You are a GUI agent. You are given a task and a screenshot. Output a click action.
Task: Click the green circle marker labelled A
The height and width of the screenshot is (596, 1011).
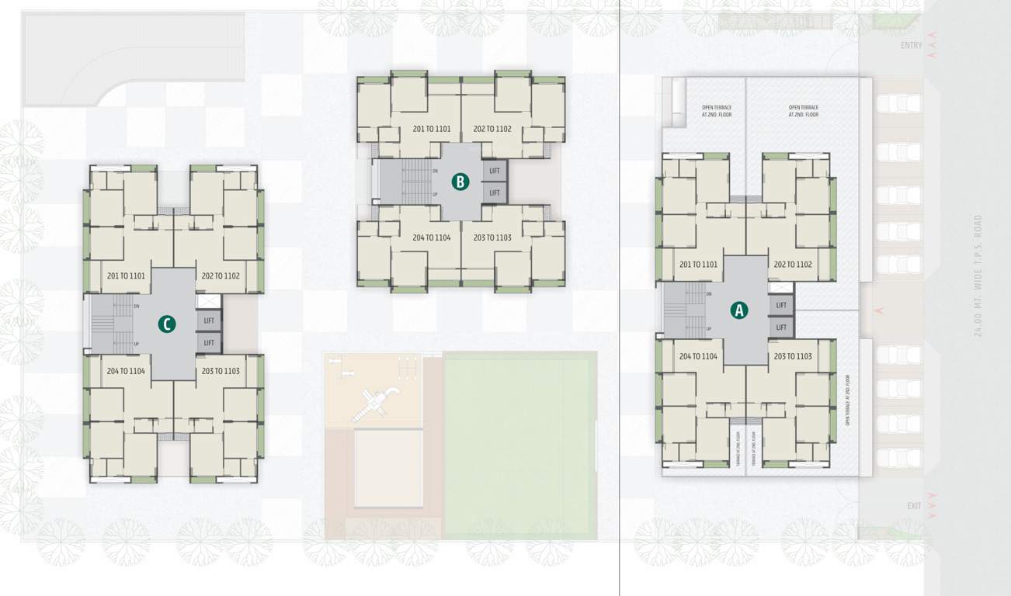point(738,310)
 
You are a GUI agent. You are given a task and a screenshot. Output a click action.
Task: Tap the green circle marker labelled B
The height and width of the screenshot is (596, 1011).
point(460,182)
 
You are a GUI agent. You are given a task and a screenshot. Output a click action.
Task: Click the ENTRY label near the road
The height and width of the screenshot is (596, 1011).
point(911,46)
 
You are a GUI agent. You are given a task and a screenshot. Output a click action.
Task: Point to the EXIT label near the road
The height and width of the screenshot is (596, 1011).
point(914,506)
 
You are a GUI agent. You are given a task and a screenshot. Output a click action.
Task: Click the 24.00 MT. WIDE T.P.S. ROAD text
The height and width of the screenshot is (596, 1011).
point(978,275)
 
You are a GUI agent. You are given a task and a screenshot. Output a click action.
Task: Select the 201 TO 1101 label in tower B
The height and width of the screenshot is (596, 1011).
point(432,129)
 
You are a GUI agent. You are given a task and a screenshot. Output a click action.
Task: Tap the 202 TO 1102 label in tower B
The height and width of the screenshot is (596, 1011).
point(492,129)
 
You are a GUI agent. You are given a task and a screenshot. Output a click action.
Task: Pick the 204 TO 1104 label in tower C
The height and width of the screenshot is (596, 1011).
point(126,371)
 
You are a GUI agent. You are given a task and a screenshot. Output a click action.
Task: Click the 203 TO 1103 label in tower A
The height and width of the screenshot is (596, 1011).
point(793,356)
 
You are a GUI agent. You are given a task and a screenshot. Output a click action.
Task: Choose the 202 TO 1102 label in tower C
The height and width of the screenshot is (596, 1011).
point(221,275)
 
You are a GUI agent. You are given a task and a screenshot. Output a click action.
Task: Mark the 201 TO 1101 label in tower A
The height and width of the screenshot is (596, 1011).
point(698,265)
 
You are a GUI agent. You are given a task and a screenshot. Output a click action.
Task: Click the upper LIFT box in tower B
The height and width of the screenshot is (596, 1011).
point(495,170)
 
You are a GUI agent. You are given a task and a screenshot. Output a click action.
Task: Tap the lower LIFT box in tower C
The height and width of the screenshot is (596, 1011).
point(209,342)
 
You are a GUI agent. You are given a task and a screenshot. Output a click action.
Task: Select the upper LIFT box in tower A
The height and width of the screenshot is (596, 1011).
point(781,305)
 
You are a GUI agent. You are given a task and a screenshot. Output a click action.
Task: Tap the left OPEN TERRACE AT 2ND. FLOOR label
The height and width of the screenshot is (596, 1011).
point(716,111)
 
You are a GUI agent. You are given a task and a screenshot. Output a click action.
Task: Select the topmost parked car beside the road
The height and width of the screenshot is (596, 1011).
point(898,104)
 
